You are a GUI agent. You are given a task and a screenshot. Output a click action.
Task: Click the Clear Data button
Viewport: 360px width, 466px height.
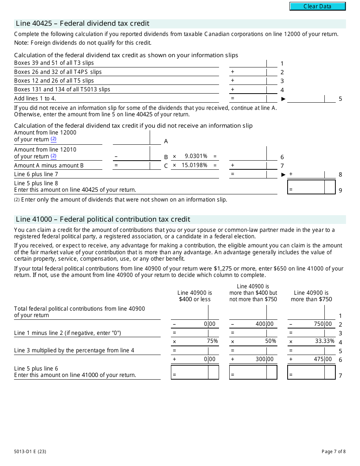[318, 6]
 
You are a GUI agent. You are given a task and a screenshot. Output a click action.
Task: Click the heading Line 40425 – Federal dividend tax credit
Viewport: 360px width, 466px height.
[83, 24]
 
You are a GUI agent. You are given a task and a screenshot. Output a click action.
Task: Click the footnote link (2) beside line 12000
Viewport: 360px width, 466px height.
[53, 139]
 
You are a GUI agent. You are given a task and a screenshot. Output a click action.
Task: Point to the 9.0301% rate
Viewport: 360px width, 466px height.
[196, 156]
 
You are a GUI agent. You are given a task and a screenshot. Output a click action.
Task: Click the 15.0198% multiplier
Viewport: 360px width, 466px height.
[194, 165]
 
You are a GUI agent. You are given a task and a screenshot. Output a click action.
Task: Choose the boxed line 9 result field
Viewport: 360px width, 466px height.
[311, 187]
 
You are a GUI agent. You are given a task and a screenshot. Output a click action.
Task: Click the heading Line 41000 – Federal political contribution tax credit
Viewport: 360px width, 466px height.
[103, 219]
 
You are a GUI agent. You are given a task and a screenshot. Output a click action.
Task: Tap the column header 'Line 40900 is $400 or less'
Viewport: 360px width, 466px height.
[194, 296]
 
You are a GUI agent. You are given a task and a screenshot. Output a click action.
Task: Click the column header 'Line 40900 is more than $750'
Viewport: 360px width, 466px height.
[311, 296]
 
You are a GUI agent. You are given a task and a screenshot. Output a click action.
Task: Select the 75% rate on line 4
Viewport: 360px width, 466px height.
[212, 341]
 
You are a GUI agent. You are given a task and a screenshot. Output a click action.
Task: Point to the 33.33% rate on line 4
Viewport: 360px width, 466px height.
[325, 341]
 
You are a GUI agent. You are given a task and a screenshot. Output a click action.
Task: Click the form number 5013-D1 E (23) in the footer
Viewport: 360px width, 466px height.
[30, 451]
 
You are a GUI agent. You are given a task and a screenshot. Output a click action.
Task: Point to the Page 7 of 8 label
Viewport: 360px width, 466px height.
[333, 451]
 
